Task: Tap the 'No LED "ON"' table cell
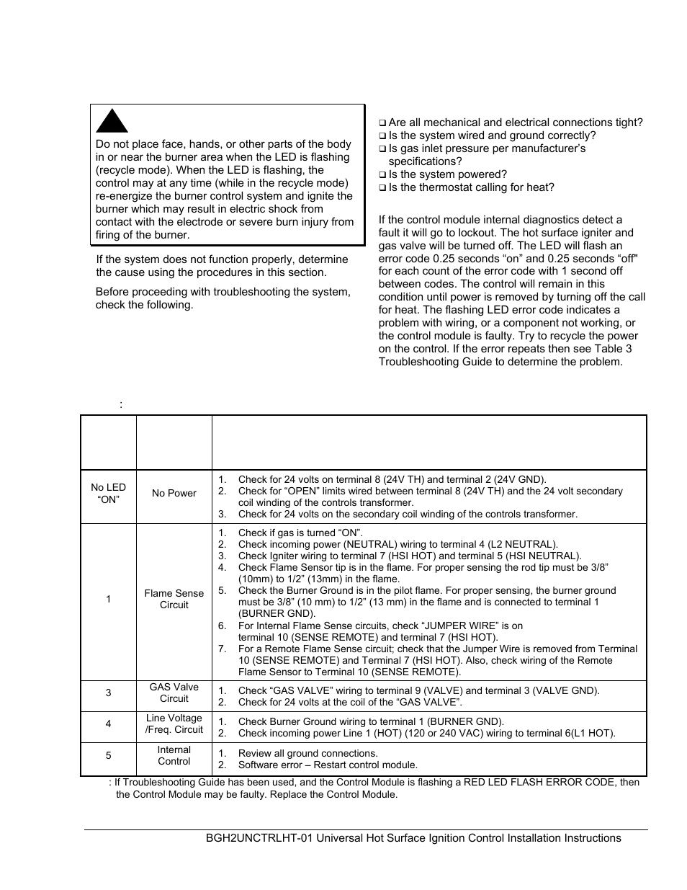click(108, 494)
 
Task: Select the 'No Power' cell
click(174, 494)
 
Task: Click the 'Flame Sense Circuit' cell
click(174, 599)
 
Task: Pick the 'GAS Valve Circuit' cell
click(174, 693)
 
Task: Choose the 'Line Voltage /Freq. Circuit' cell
click(174, 724)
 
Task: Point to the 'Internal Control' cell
click(174, 755)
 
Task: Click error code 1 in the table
click(108, 599)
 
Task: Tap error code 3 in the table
click(108, 693)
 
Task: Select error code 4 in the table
click(108, 724)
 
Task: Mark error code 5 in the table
click(108, 755)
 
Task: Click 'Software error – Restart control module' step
click(328, 765)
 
